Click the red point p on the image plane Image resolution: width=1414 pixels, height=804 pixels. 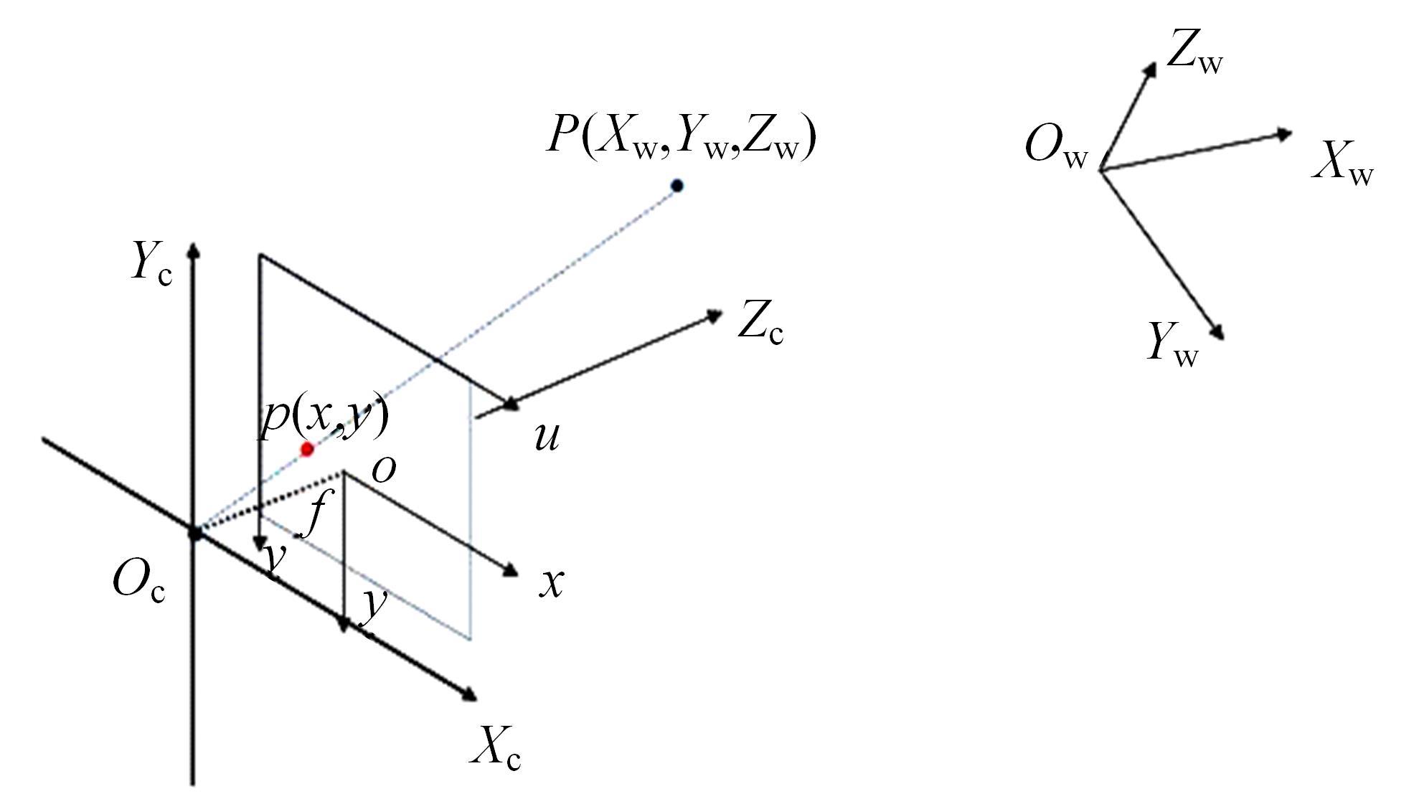pyautogui.click(x=307, y=450)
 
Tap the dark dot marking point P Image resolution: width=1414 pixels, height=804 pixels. pyautogui.click(x=677, y=186)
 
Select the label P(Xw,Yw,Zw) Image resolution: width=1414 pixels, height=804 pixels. pyautogui.click(x=682, y=137)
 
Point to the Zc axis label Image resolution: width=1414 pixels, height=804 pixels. pyautogui.click(x=760, y=326)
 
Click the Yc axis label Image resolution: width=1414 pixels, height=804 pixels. pyautogui.click(x=151, y=263)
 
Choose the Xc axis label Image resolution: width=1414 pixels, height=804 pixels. pyautogui.click(x=495, y=749)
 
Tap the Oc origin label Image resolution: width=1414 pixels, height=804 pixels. pyautogui.click(x=139, y=581)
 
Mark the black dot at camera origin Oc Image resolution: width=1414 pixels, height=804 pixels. pyautogui.click(x=194, y=533)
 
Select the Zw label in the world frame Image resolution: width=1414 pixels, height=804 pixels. pyautogui.click(x=1194, y=52)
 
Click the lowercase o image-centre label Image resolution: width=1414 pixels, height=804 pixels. pyautogui.click(x=384, y=470)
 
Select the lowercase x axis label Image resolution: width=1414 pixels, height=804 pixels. pyautogui.click(x=552, y=584)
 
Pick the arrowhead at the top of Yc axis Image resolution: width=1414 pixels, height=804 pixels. pyautogui.click(x=192, y=250)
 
